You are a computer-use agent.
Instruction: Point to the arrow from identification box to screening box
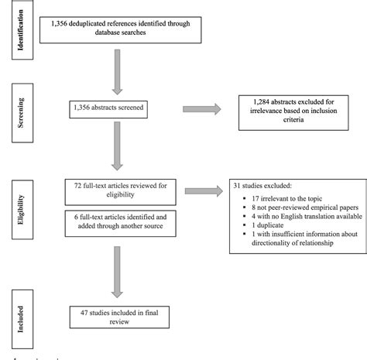tap(118, 75)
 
